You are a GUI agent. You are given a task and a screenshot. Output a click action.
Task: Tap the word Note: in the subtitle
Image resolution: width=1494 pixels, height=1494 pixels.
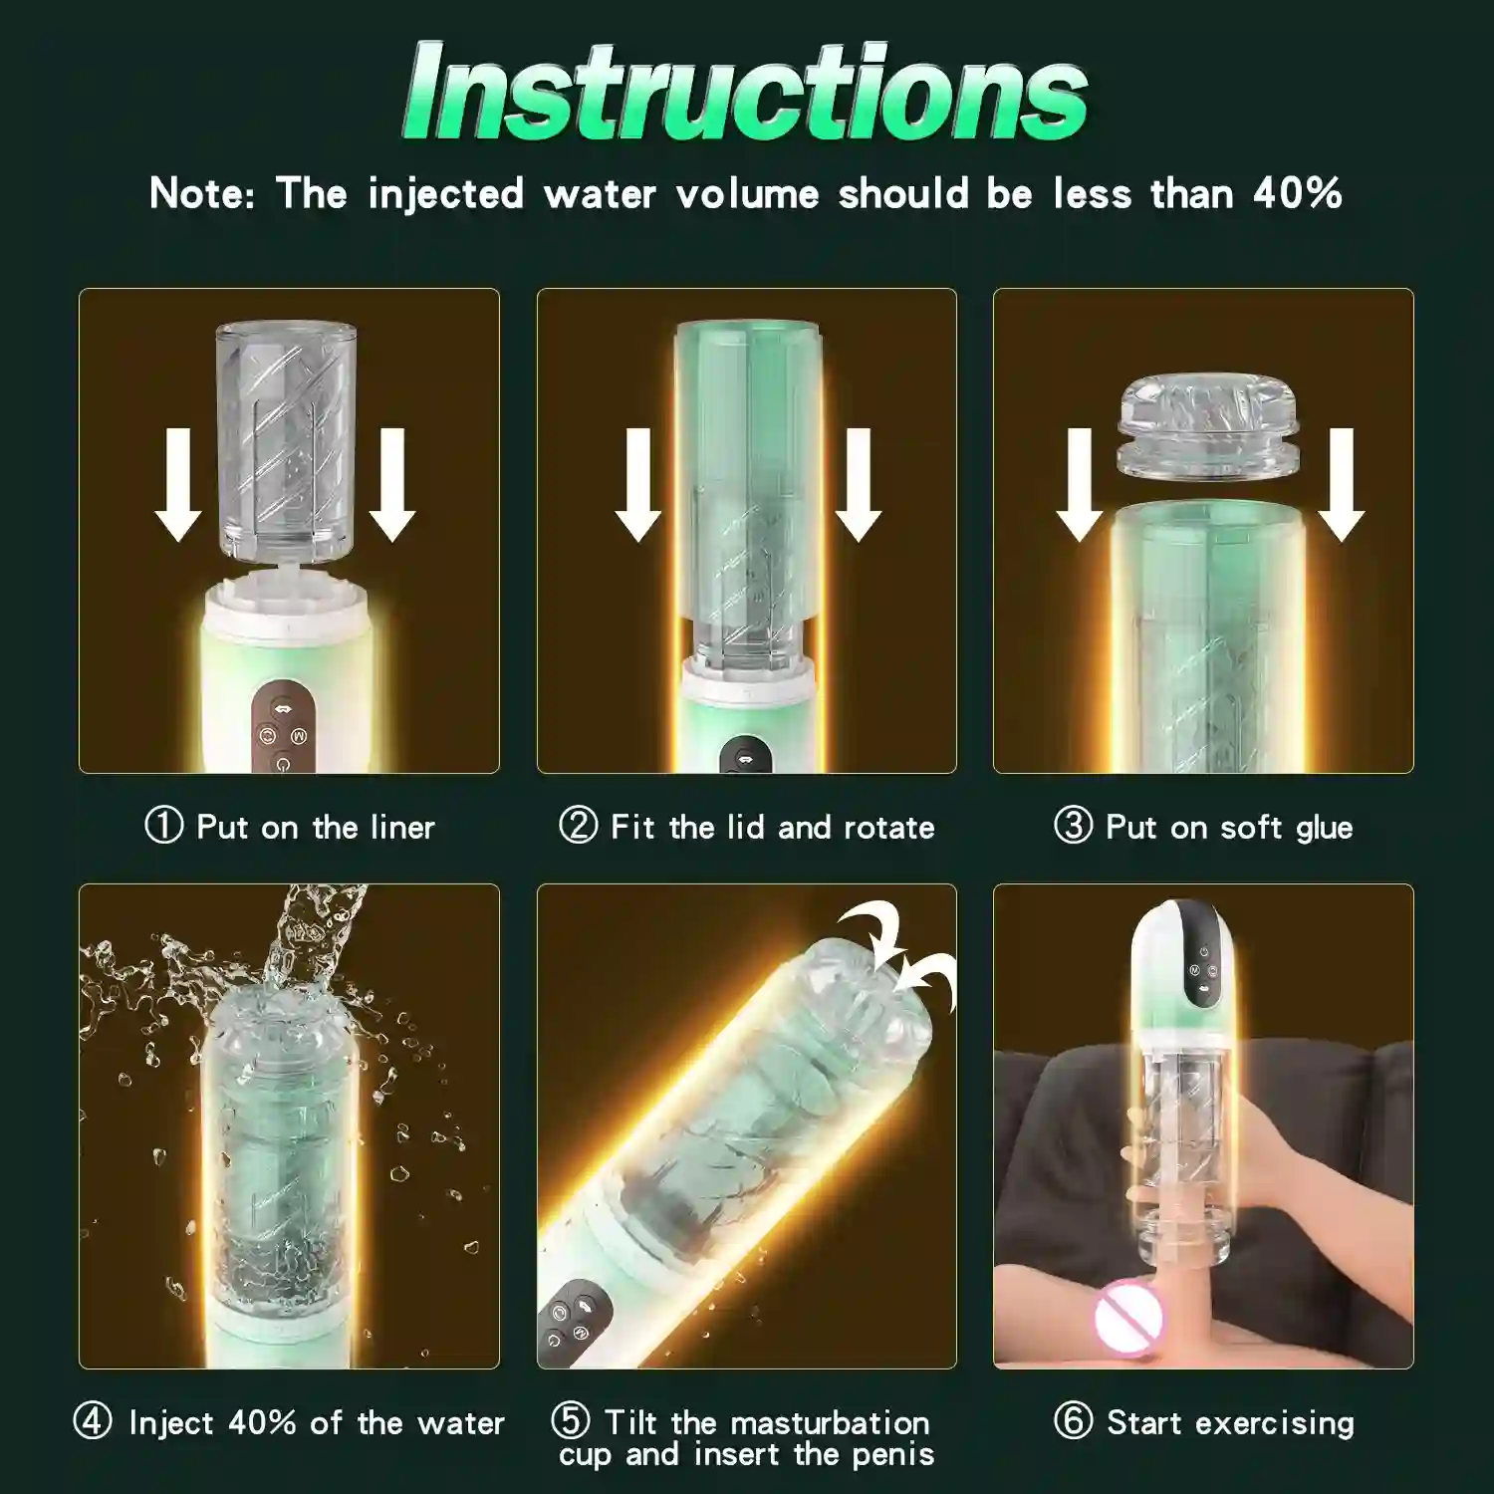coord(202,193)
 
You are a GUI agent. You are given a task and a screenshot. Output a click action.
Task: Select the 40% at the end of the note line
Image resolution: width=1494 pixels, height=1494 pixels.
coord(1297,193)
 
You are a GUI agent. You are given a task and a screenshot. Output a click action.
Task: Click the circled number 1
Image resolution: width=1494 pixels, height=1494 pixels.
coord(164,826)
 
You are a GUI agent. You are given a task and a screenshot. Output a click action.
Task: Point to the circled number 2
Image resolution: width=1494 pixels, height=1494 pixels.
coord(578,826)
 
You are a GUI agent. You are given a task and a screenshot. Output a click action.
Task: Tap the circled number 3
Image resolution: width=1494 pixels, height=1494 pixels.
coord(1073,826)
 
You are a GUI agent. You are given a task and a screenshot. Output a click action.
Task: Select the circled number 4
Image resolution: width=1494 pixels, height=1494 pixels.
coord(93,1421)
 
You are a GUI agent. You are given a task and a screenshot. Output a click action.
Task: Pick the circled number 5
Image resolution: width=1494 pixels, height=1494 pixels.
coord(571,1421)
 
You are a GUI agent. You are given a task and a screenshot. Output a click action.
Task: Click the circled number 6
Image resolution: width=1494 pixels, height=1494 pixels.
coord(1073,1421)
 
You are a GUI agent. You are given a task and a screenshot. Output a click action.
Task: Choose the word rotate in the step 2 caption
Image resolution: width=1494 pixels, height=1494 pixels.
coord(888,828)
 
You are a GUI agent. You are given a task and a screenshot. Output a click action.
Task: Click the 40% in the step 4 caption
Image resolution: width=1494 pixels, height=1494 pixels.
coord(262,1422)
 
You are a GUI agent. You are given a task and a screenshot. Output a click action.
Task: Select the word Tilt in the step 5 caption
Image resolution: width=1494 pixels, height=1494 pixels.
coord(630,1421)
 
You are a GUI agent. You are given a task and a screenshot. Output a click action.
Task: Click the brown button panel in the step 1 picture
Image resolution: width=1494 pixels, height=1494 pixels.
coord(283,727)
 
